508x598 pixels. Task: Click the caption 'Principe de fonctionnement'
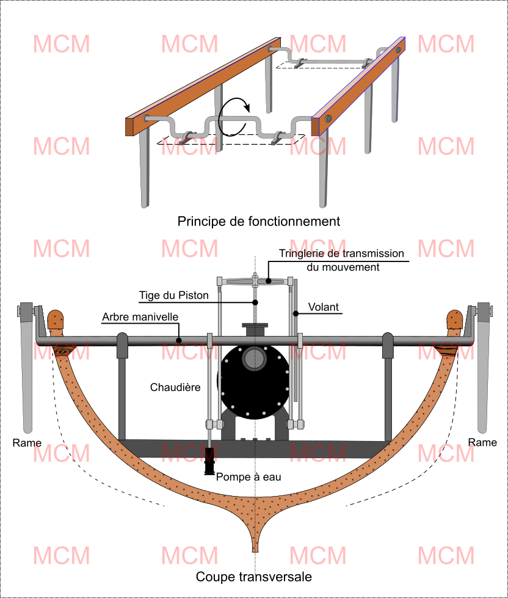(258, 221)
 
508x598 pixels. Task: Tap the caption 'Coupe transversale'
(254, 577)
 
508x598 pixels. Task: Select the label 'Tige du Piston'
(173, 295)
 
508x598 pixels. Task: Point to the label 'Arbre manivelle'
(140, 318)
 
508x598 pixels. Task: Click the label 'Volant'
(324, 307)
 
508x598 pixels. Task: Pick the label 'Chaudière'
(176, 387)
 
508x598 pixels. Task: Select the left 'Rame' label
(27, 442)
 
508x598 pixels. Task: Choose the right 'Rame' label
(482, 442)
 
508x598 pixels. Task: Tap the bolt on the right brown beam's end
(328, 118)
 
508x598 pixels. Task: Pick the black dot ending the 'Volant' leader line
(294, 314)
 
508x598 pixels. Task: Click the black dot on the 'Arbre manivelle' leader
(179, 340)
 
